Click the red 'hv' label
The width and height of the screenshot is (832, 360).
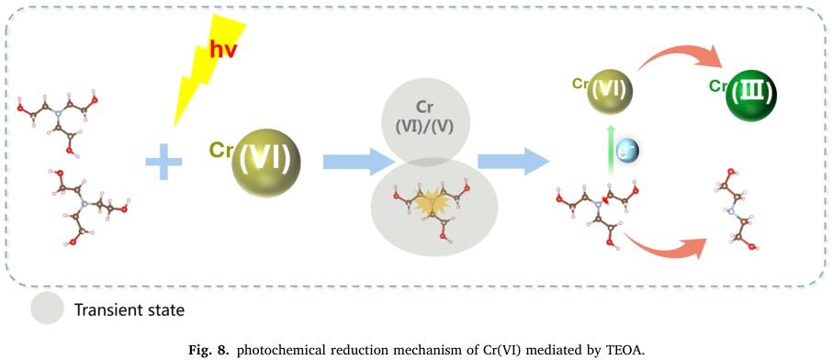[223, 49]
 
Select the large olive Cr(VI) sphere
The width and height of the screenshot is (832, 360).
[266, 160]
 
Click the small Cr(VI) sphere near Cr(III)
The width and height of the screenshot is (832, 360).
[610, 91]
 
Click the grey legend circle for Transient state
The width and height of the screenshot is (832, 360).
[47, 308]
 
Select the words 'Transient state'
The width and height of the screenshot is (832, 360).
[129, 309]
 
